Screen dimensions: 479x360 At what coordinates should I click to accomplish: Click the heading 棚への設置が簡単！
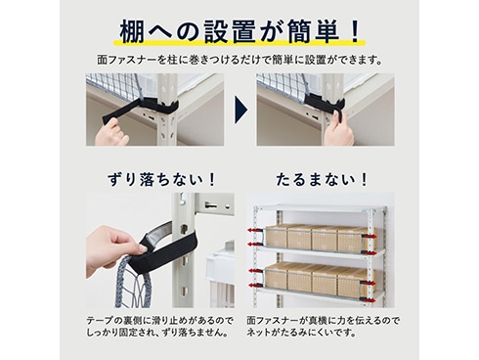[239, 32]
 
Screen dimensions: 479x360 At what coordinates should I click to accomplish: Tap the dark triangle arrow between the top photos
[240, 110]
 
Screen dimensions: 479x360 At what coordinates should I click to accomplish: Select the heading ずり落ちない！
[162, 180]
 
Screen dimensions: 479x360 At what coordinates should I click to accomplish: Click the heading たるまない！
[322, 180]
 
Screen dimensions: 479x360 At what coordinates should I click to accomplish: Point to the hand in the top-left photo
[109, 130]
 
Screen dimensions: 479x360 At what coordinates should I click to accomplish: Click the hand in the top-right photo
[339, 129]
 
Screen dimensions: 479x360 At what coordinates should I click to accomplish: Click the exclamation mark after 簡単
[355, 32]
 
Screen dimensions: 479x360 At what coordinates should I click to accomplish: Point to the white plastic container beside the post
[220, 277]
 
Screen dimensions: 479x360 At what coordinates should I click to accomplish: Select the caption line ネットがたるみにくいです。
[301, 333]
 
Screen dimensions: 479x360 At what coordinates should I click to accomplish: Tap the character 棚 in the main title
[131, 32]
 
